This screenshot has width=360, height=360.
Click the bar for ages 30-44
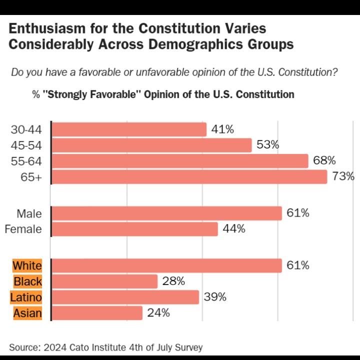pos(129,129)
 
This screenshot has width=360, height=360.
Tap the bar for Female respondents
pos(134,229)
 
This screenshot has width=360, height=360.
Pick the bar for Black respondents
pos(104,281)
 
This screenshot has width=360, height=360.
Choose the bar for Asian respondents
pos(97,313)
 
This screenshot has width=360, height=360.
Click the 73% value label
pos(343,176)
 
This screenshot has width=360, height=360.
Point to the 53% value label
pos(267,145)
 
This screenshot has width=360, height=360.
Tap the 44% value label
pos(234,229)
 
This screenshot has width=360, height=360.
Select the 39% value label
pos(215,297)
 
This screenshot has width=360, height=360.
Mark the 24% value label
pos(158,313)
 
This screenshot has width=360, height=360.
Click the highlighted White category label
pos(27,265)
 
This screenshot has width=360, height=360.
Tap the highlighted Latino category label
pos(26,297)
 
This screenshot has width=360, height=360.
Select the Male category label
pos(29,213)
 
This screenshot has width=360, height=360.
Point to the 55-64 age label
pos(26,161)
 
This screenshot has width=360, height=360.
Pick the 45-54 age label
pos(26,145)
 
